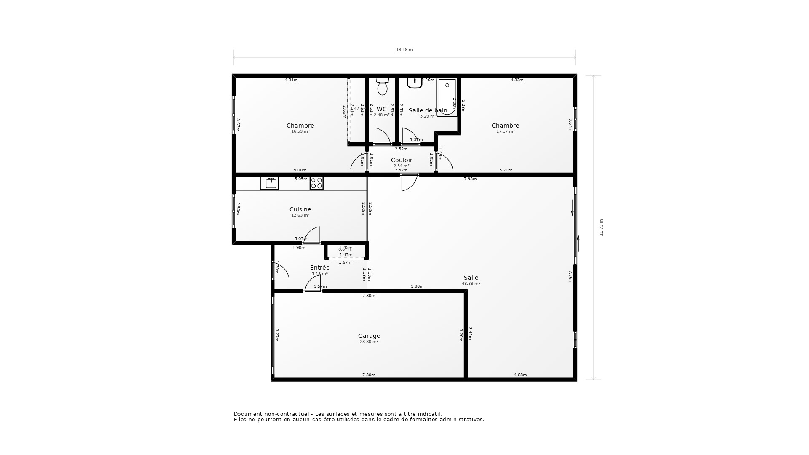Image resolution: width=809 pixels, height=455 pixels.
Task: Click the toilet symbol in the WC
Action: pyautogui.click(x=382, y=86)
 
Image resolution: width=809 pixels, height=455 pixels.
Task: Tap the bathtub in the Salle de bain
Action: pyautogui.click(x=447, y=97)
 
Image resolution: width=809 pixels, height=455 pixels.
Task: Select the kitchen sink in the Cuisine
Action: pyautogui.click(x=269, y=183)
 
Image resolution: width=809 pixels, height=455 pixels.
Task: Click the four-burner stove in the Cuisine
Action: pyautogui.click(x=316, y=183)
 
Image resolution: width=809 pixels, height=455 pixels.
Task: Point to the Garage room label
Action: pyautogui.click(x=369, y=336)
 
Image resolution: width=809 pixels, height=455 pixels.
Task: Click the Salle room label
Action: pyautogui.click(x=471, y=278)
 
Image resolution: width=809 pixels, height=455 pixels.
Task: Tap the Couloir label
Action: pyautogui.click(x=402, y=160)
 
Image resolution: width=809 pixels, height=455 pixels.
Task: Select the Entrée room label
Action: pyautogui.click(x=320, y=268)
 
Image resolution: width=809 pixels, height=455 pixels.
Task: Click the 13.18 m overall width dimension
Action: pyautogui.click(x=404, y=50)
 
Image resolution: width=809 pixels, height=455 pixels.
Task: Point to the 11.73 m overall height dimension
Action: pyautogui.click(x=601, y=227)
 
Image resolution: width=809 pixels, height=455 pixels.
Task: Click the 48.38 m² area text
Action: pyautogui.click(x=471, y=284)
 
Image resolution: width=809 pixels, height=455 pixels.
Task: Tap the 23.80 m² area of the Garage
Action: pyautogui.click(x=369, y=342)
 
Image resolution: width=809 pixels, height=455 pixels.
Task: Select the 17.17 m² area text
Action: pyautogui.click(x=505, y=131)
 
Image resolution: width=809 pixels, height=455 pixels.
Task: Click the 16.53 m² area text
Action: pyautogui.click(x=300, y=131)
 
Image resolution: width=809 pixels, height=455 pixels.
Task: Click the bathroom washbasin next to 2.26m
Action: pyautogui.click(x=415, y=83)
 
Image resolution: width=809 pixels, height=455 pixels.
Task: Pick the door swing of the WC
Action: pyautogui.click(x=382, y=136)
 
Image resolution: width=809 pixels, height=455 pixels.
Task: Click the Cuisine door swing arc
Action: pyautogui.click(x=312, y=235)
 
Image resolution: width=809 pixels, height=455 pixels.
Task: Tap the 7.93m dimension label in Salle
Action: pyautogui.click(x=470, y=179)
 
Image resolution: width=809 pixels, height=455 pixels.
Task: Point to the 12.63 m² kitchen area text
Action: pyautogui.click(x=300, y=215)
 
